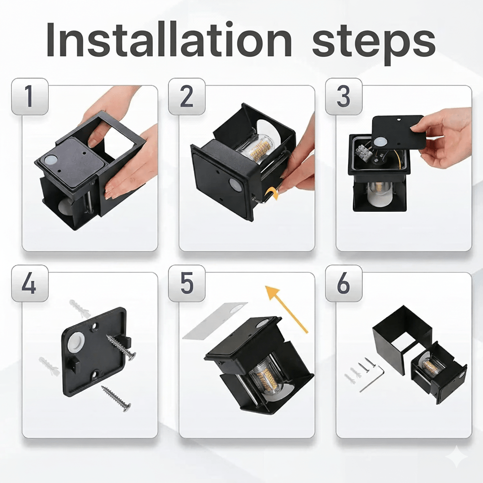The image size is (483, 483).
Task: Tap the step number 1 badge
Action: (29, 97)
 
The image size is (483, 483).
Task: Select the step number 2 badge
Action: (187, 97)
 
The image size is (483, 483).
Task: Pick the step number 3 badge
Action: (343, 97)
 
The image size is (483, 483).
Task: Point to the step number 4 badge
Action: (29, 283)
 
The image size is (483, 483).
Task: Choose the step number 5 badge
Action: (187, 283)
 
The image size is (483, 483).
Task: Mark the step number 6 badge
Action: (343, 283)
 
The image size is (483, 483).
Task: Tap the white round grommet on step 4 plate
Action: (76, 342)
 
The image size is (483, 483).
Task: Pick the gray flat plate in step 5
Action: (215, 320)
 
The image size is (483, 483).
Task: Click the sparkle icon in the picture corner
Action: (457, 458)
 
